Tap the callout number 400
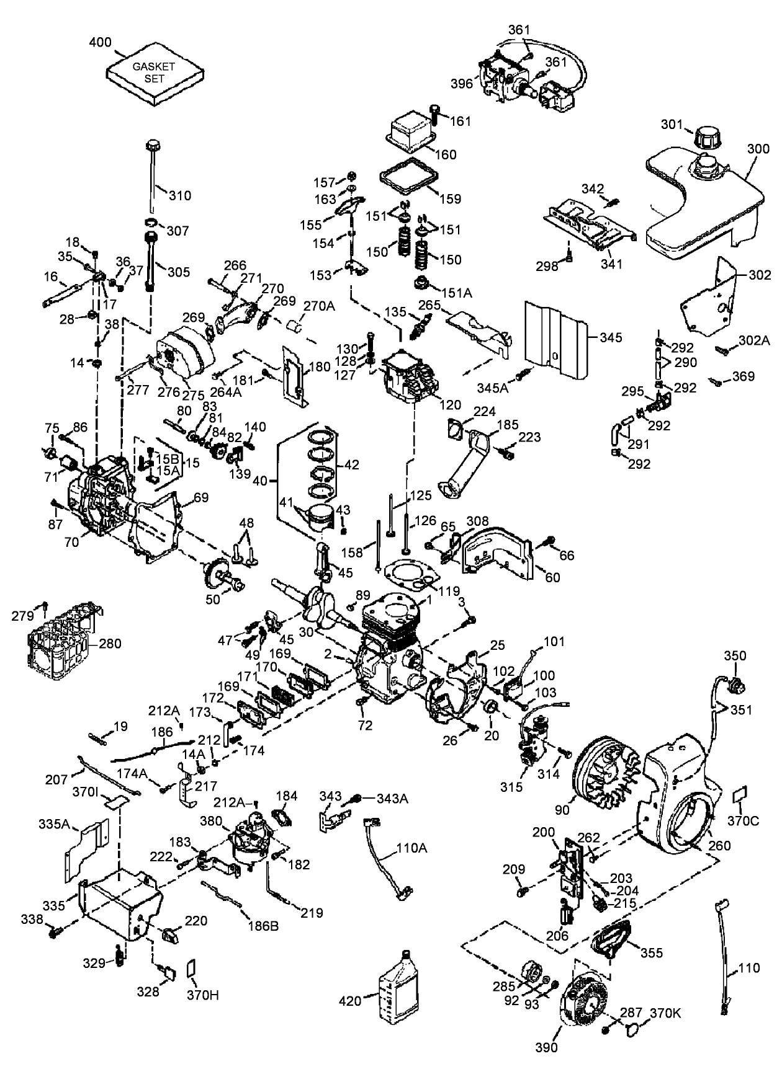click(100, 42)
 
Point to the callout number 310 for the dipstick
click(180, 195)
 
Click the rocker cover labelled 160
click(410, 135)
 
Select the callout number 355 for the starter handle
click(651, 953)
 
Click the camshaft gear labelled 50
click(217, 574)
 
